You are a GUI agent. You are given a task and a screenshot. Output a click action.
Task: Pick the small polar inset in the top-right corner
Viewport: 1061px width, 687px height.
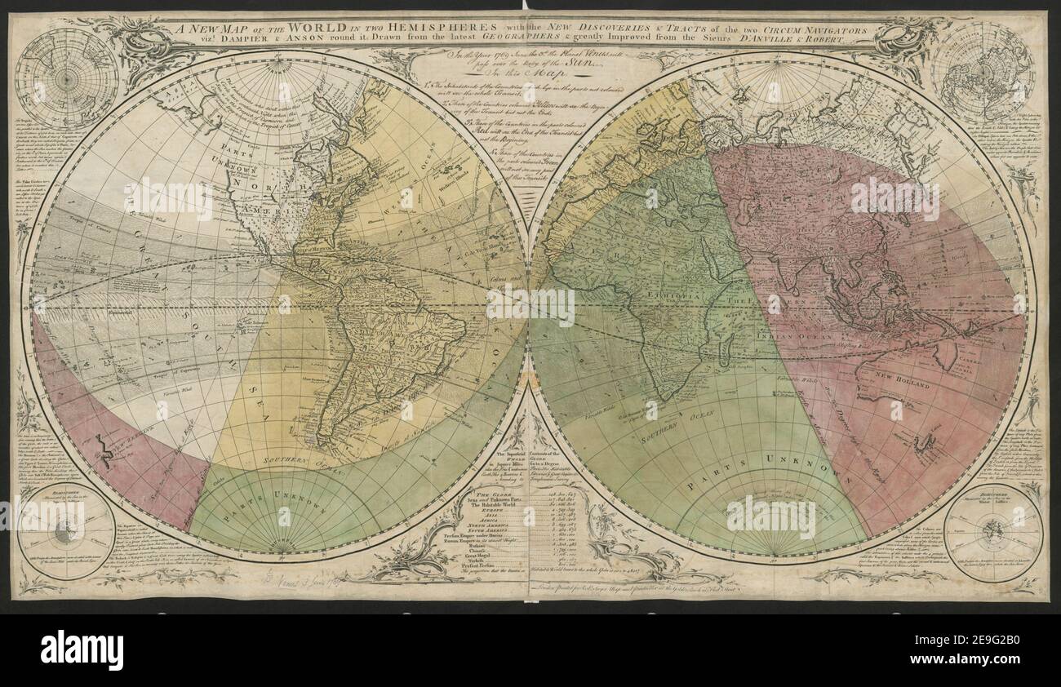(x=983, y=70)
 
